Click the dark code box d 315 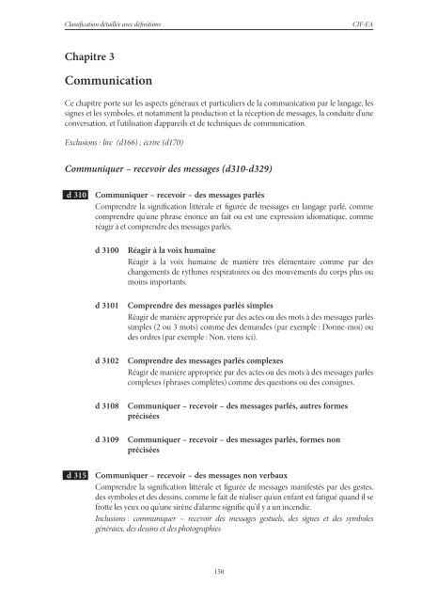point(75,477)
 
